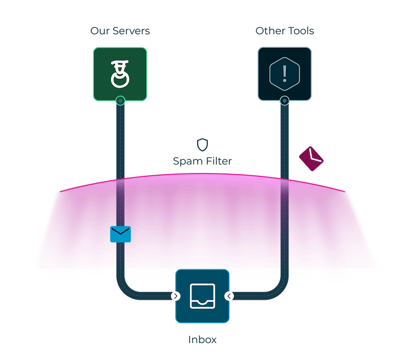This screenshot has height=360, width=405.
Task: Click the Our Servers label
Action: [x=119, y=30]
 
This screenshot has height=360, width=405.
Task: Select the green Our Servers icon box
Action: [x=120, y=73]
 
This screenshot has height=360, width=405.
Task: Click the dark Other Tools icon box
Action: [x=284, y=73]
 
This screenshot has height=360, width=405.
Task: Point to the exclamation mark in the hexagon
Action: [x=284, y=73]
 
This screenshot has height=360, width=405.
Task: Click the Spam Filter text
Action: [x=202, y=161]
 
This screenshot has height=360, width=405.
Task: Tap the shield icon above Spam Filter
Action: [x=202, y=144]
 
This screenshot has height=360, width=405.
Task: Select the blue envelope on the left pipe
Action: [x=121, y=234]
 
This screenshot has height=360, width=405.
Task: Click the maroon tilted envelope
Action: [x=311, y=158]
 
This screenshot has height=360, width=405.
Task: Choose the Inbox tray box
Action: [x=202, y=296]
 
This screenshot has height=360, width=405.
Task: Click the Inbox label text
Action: [x=202, y=340]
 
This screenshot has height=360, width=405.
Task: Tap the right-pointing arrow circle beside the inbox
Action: [x=176, y=296]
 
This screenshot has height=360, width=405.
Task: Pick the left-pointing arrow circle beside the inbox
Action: [x=229, y=296]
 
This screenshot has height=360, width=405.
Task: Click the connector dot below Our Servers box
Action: [x=120, y=101]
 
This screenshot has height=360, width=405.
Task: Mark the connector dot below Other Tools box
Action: [x=284, y=101]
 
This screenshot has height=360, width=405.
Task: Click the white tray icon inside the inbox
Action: [x=202, y=295]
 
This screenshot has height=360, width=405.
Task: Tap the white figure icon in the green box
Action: [x=119, y=74]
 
